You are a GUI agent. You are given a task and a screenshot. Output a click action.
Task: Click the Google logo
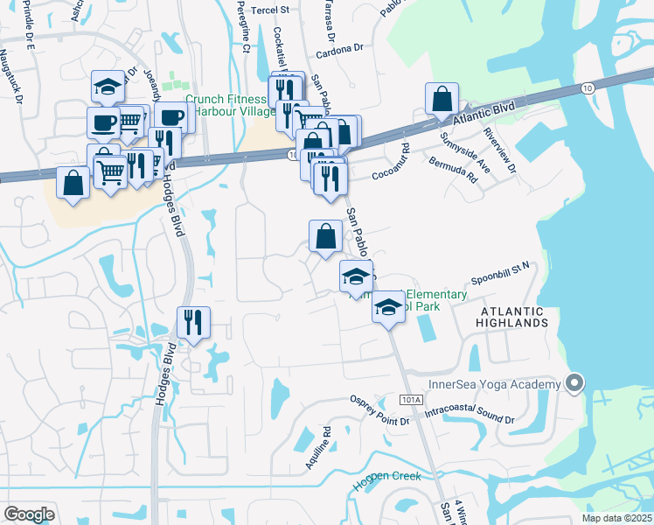click(29, 514)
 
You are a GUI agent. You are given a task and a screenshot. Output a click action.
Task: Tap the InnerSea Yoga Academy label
click(493, 385)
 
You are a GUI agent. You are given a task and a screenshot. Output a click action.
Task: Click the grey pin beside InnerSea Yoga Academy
click(574, 382)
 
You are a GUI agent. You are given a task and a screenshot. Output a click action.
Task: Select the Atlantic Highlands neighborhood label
click(511, 317)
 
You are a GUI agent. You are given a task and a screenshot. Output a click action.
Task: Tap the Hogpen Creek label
click(386, 477)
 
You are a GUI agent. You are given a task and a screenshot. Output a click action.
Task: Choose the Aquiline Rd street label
click(317, 448)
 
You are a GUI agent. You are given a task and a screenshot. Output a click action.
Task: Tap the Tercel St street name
click(271, 10)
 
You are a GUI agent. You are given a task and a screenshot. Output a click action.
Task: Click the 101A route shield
click(410, 399)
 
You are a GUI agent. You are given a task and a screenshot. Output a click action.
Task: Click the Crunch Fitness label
click(226, 100)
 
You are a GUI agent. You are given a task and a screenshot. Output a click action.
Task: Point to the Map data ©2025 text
click(616, 518)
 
